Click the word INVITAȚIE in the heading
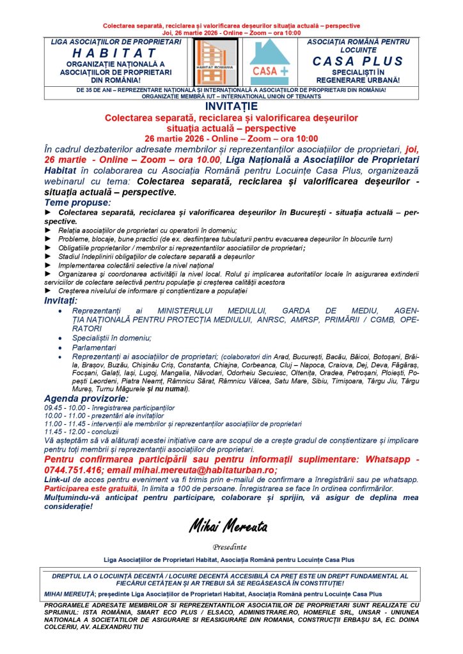click(231, 107)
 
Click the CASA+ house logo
click(269, 61)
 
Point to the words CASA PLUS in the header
click(358, 61)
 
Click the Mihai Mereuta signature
click(228, 527)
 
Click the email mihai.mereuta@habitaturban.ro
click(198, 469)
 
